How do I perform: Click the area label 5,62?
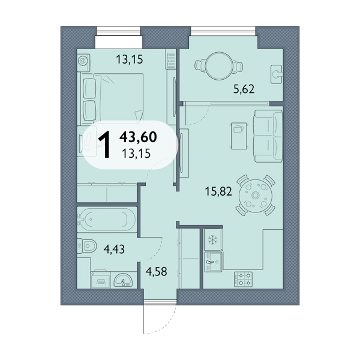tap(244, 89)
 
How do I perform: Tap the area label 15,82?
tap(218, 191)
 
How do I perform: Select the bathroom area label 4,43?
tap(114, 249)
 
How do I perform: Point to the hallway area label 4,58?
tap(157, 271)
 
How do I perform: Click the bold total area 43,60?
tap(138, 137)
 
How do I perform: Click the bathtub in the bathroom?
tap(107, 220)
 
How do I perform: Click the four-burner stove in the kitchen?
tap(243, 279)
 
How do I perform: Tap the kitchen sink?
tap(213, 262)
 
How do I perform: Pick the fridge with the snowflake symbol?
tap(213, 239)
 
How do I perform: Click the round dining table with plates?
tap(256, 195)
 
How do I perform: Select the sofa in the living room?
tap(268, 136)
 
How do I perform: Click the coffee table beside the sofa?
tap(239, 136)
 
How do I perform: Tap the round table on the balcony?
tap(219, 66)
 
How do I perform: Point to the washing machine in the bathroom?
tap(100, 280)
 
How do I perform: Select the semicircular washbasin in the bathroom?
tap(123, 280)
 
